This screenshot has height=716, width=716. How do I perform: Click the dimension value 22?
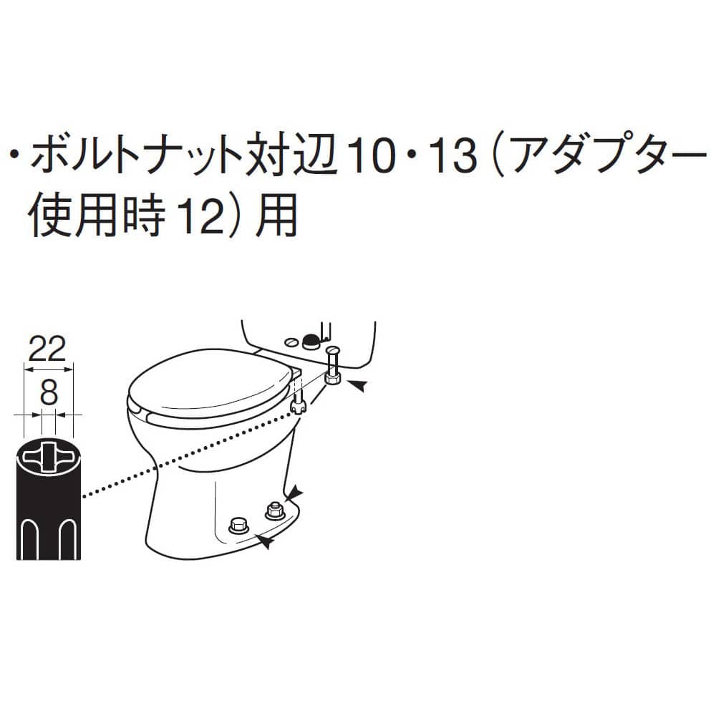48,349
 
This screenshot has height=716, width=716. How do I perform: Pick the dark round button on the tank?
311,339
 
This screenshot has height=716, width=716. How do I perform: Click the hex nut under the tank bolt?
332,378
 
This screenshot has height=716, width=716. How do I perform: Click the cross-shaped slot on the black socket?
49,455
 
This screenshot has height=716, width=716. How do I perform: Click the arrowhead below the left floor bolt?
266,542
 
